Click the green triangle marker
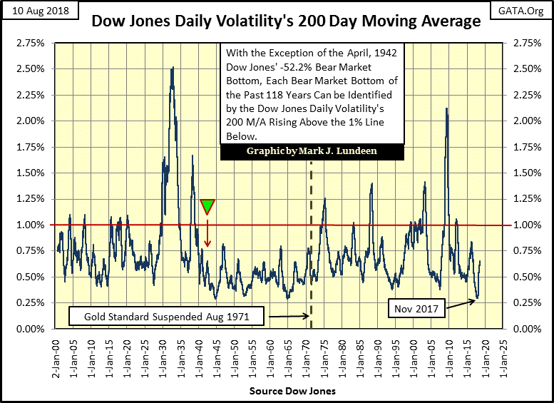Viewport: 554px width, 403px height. click(x=207, y=207)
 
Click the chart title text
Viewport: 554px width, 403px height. click(x=286, y=21)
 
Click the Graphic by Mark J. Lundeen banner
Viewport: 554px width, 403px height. click(x=312, y=152)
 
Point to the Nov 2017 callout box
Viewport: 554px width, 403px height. click(x=414, y=309)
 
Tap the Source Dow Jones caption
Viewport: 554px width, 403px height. click(x=277, y=392)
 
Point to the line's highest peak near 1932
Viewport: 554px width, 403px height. click(x=173, y=68)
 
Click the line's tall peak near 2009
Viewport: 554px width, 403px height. click(x=446, y=109)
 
